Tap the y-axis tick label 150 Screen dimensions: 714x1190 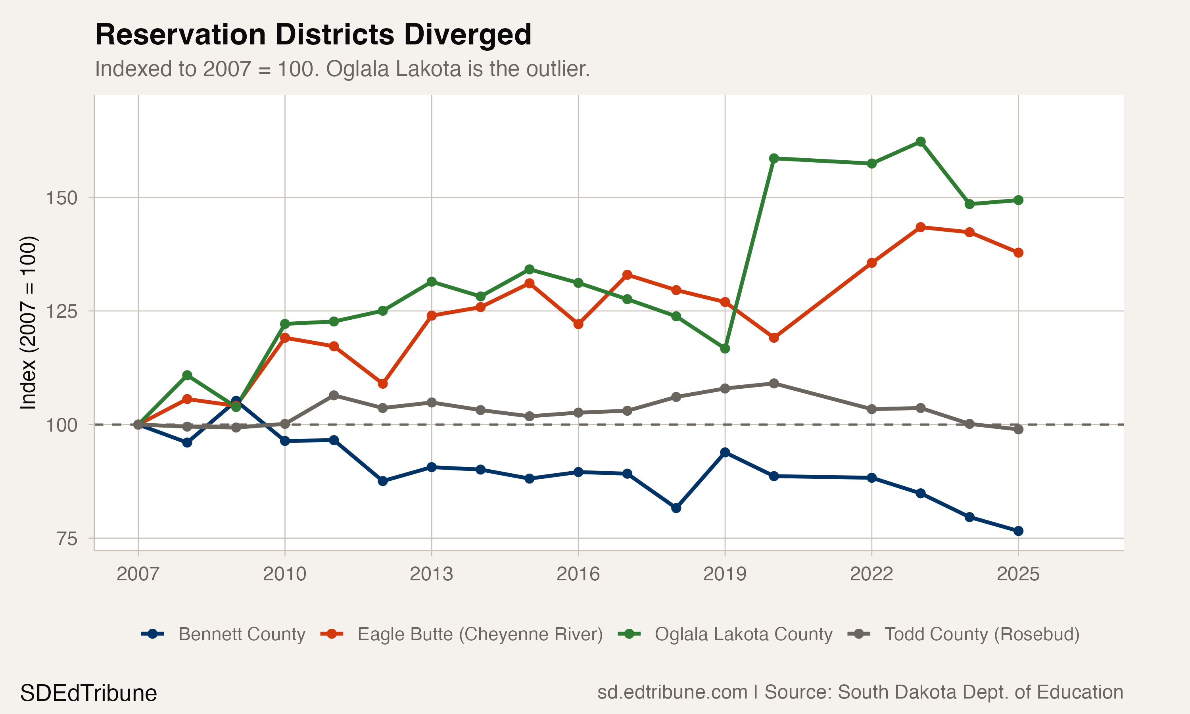pyautogui.click(x=61, y=198)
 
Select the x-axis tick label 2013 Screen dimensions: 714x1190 pyautogui.click(x=431, y=574)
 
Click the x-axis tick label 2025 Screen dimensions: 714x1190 pyautogui.click(x=1018, y=574)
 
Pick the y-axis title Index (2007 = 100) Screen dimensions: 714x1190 pyautogui.click(x=28, y=323)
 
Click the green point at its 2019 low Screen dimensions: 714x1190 pyautogui.click(x=725, y=348)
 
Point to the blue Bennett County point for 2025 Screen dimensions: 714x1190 pyautogui.click(x=1018, y=531)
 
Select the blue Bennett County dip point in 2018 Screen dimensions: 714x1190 pyautogui.click(x=676, y=508)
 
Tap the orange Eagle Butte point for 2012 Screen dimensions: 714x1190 pyautogui.click(x=382, y=384)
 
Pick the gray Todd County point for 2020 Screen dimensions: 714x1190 pyautogui.click(x=774, y=384)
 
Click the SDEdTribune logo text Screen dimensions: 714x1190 pyautogui.click(x=88, y=693)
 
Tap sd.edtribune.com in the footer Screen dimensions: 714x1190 pyautogui.click(x=672, y=692)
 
